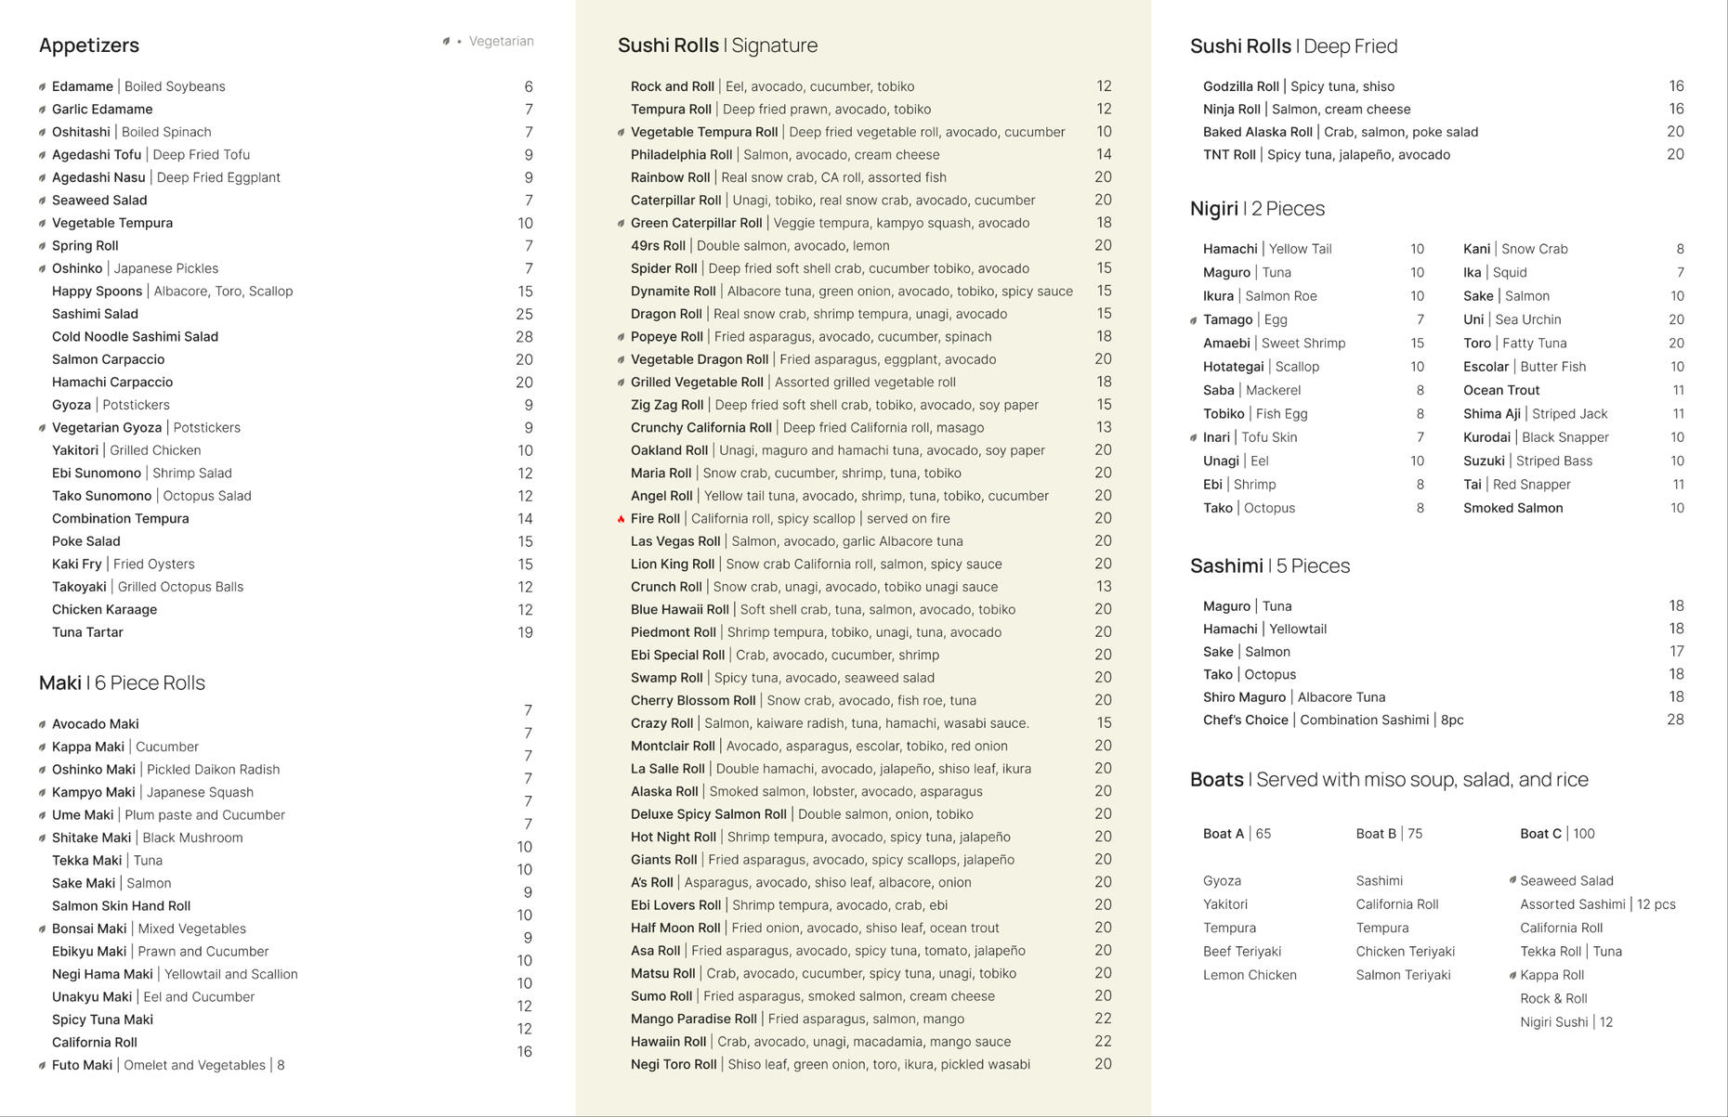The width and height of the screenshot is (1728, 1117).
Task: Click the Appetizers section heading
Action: (x=89, y=45)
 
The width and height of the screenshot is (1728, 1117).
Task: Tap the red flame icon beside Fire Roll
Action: (x=622, y=519)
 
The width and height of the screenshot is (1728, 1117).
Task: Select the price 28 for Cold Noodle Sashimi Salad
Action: (x=524, y=337)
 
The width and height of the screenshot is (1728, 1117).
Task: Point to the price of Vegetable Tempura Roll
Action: (x=1104, y=132)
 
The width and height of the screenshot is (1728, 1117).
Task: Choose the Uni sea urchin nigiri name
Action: (x=1473, y=319)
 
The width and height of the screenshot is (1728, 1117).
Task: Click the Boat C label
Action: (x=1540, y=834)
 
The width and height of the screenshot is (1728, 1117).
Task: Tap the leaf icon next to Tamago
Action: (x=1194, y=320)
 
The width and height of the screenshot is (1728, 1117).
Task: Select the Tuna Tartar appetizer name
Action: (x=87, y=632)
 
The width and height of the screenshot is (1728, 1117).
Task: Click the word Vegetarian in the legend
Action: (x=501, y=41)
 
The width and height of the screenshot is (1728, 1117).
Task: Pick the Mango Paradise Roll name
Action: (x=693, y=1019)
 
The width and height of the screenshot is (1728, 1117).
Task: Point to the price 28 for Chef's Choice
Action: (x=1675, y=720)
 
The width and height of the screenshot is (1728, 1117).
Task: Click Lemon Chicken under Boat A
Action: (x=1250, y=975)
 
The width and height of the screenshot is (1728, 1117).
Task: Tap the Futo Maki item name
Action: (x=82, y=1065)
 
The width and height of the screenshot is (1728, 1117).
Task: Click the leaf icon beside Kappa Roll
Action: (x=1512, y=975)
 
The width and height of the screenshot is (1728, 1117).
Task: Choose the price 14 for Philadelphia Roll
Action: (x=1104, y=154)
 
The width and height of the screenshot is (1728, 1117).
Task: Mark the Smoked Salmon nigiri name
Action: (x=1512, y=508)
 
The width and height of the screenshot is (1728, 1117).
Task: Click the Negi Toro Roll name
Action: (x=674, y=1064)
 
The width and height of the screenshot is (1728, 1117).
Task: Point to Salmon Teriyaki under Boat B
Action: (x=1403, y=975)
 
